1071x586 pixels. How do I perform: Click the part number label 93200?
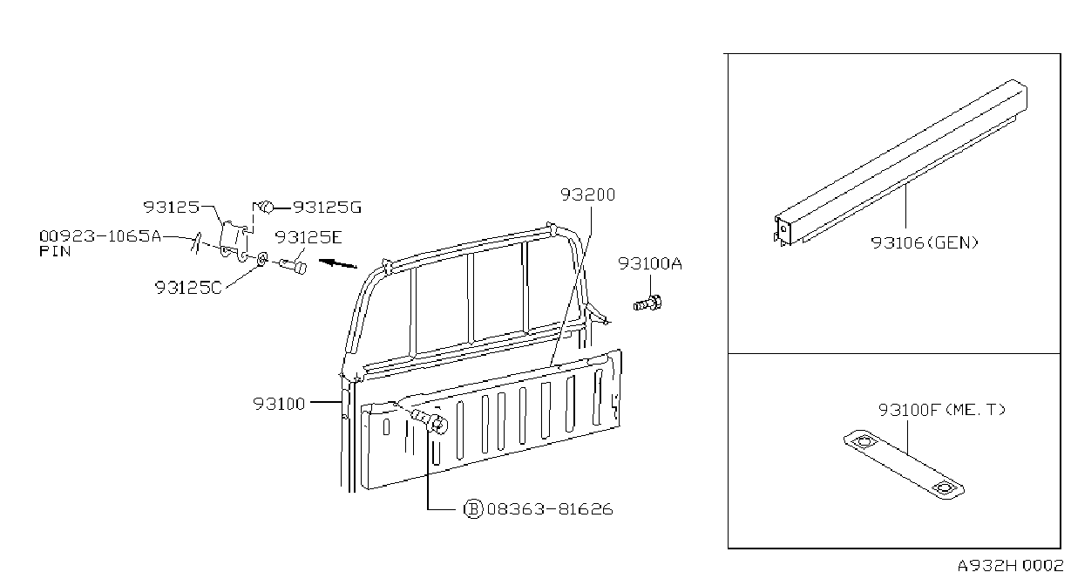coord(587,194)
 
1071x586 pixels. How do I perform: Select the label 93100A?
coord(650,263)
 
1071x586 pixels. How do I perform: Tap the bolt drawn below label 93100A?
coord(647,303)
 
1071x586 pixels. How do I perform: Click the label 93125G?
coord(327,208)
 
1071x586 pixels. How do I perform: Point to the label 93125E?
coord(308,237)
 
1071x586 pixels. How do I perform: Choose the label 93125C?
coord(188,288)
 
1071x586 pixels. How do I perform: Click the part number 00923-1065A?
coord(100,236)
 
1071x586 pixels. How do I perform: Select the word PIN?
coord(55,251)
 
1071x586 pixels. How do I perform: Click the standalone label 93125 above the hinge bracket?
coord(171,208)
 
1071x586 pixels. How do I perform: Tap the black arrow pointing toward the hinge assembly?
coord(338,263)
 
